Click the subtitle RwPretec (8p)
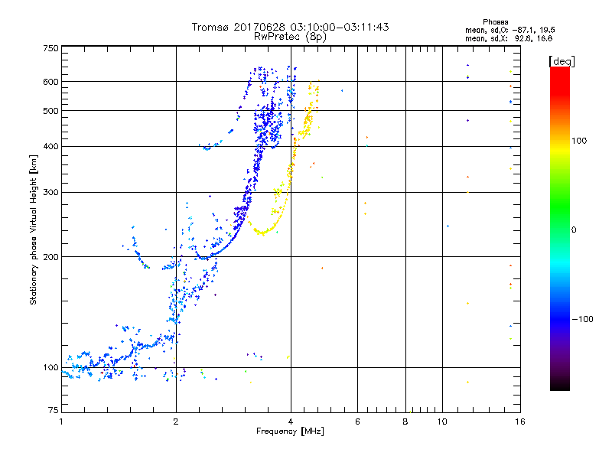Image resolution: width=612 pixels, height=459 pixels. tap(291, 36)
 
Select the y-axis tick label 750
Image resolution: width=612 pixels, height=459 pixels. tap(50, 48)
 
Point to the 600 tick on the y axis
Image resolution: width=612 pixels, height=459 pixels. tap(50, 82)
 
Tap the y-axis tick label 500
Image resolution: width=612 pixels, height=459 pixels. tap(50, 111)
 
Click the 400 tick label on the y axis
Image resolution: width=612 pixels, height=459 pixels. tap(50, 147)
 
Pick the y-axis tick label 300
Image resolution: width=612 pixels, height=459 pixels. tap(50, 193)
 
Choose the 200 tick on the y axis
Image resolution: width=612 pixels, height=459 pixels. tap(50, 257)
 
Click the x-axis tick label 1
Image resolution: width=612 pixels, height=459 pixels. tap(61, 421)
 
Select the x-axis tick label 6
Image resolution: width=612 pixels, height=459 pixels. tap(357, 421)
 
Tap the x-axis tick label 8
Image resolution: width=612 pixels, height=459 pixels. tap(405, 421)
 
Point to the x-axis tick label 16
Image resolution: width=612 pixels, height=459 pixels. tap(518, 421)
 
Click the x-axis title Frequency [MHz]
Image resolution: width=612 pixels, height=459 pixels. tap(290, 431)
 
